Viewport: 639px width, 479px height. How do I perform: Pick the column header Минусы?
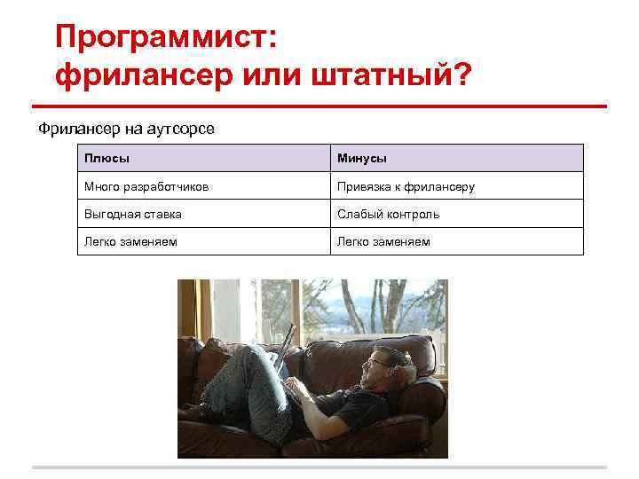click(361, 158)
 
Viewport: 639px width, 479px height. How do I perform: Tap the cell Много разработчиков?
click(146, 186)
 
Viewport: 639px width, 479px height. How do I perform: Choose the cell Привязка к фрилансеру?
click(406, 186)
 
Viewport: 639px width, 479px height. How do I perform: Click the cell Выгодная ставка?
click(132, 214)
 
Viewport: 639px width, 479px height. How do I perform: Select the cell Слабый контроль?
click(388, 214)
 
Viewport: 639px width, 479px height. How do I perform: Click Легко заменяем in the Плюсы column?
click(130, 241)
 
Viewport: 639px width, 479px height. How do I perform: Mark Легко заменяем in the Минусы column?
click(383, 241)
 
